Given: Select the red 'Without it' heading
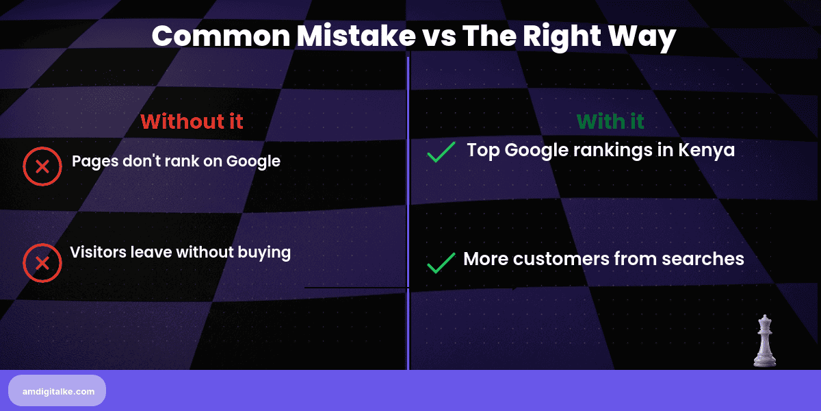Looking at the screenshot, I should (x=192, y=122).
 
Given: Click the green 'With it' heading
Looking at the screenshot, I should (x=610, y=122).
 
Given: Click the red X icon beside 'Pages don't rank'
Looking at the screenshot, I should (x=42, y=166).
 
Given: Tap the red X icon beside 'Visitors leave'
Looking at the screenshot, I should (x=42, y=263).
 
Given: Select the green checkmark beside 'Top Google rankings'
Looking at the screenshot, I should (x=441, y=152).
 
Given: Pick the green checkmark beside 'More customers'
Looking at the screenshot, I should (x=441, y=262).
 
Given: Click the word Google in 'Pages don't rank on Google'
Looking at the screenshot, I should (x=253, y=162).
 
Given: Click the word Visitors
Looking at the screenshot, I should (x=99, y=252).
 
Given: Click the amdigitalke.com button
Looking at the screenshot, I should (x=57, y=390).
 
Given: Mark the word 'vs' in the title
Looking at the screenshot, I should (x=437, y=36).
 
